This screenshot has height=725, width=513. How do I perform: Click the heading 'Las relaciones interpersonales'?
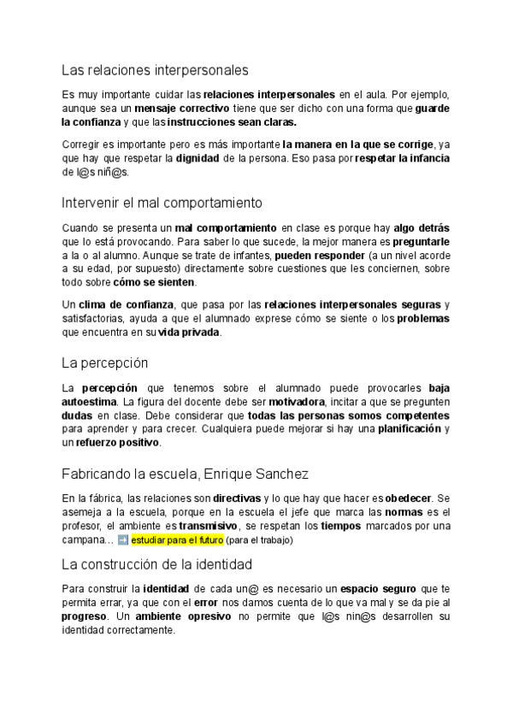click(155, 69)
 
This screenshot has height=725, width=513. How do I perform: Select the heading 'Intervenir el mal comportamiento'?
click(162, 203)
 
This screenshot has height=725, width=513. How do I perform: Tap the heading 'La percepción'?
click(106, 362)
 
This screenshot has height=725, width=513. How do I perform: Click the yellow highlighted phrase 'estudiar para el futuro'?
click(177, 541)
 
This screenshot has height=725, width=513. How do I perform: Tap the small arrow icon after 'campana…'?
click(123, 541)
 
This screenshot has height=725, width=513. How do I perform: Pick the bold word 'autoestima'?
click(91, 401)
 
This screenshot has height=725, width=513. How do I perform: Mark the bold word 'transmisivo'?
click(208, 527)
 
